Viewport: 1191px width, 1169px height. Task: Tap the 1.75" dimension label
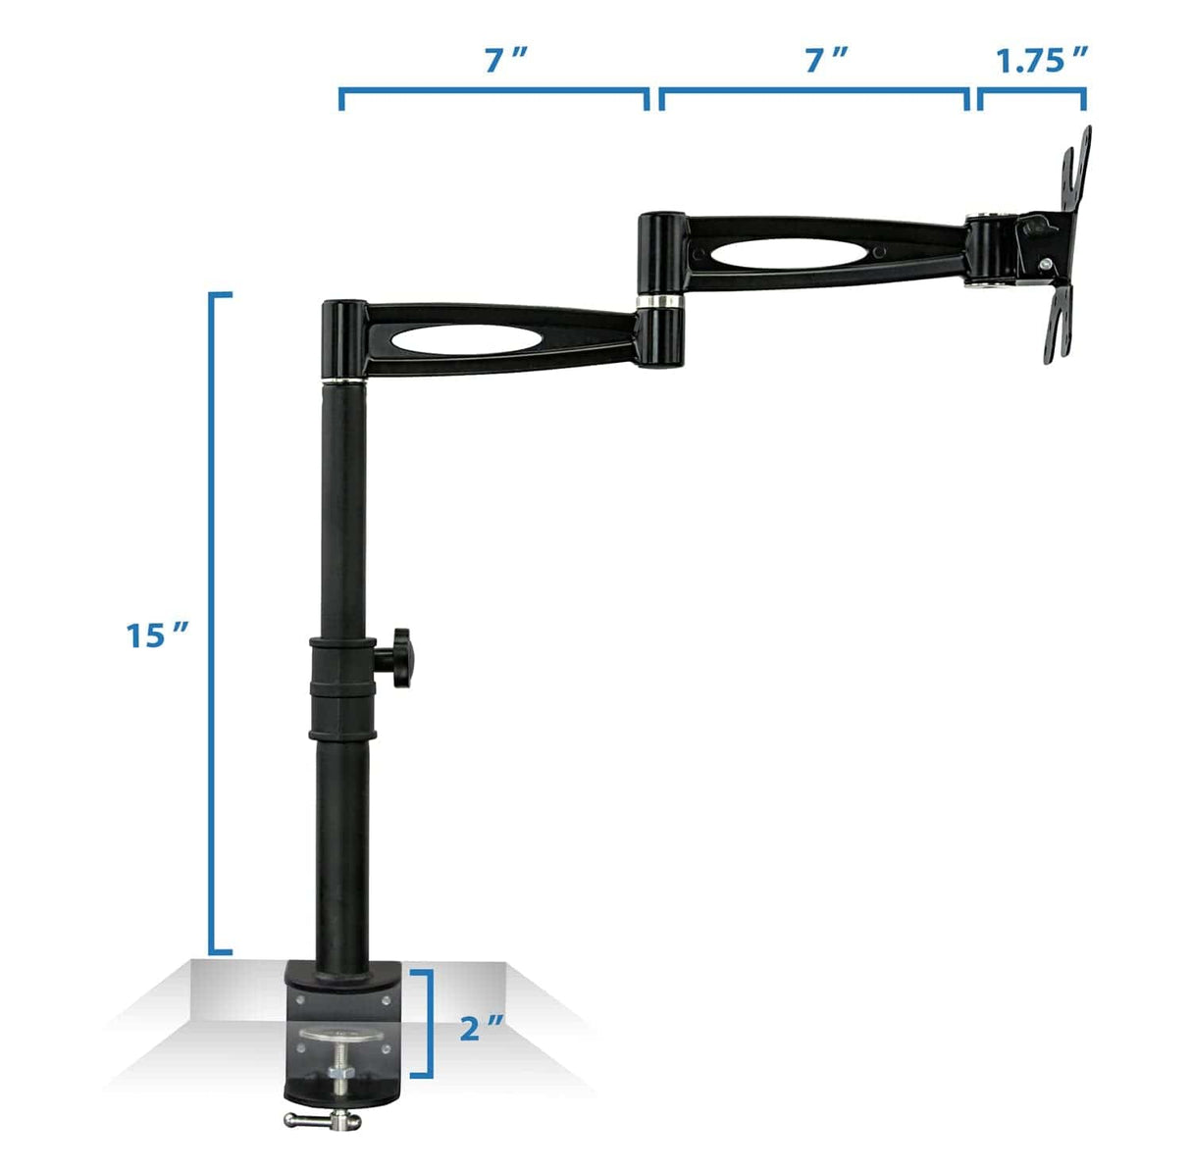coord(1043,61)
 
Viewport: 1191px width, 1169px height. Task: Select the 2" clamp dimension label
coord(482,1029)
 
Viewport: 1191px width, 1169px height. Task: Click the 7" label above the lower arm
coord(505,61)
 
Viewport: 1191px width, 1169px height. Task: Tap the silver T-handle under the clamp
coord(324,1119)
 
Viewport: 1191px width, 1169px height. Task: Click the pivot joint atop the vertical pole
coord(343,339)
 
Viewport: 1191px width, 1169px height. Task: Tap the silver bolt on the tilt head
coord(1047,264)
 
